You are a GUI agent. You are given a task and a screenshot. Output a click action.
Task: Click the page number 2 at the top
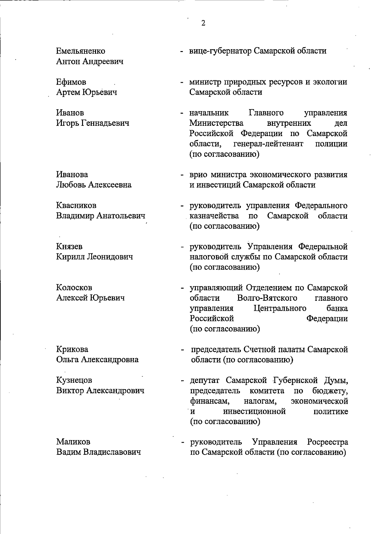[x=203, y=23]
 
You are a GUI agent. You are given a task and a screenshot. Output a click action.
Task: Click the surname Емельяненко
[x=81, y=51]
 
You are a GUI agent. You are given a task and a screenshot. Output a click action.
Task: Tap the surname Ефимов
[x=71, y=82]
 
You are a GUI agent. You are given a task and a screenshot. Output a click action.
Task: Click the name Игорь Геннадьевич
[x=93, y=123]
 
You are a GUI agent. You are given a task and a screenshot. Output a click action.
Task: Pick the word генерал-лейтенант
[x=268, y=144]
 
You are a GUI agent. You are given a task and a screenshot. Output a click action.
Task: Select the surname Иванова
[x=72, y=174]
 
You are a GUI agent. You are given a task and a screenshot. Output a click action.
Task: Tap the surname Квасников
[x=76, y=206]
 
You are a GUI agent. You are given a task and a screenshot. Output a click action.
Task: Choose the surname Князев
[x=69, y=247]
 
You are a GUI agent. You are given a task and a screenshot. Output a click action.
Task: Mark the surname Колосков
[x=74, y=287]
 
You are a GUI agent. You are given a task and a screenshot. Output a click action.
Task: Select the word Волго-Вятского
[x=267, y=298]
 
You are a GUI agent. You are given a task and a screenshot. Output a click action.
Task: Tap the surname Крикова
[x=72, y=349]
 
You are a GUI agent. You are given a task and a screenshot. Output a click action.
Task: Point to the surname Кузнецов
[x=74, y=380]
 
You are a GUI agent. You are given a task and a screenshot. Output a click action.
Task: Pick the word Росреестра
[x=327, y=442]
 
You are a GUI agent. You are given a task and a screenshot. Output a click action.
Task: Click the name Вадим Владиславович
[x=98, y=452]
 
